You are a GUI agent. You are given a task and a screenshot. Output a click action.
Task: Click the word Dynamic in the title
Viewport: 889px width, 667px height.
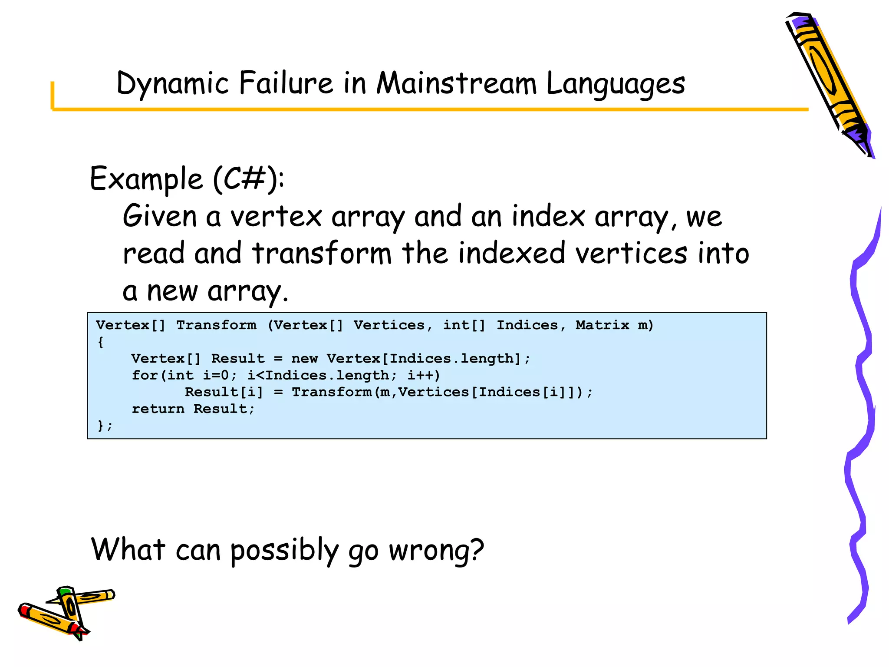[x=172, y=83]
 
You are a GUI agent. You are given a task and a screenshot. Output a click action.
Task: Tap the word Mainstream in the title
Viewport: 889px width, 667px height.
[x=456, y=83]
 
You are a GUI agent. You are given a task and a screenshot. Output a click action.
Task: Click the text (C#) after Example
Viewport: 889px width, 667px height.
[x=245, y=178]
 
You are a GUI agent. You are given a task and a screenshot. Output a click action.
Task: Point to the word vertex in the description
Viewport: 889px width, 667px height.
[x=276, y=216]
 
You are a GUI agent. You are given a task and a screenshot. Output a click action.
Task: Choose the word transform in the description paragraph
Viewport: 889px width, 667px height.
[x=322, y=253]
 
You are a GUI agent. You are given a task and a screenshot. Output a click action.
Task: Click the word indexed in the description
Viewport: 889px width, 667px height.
[x=512, y=253]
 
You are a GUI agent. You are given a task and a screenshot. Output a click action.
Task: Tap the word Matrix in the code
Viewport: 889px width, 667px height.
[x=602, y=325]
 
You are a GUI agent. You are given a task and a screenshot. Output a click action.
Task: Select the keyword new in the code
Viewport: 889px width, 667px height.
[x=304, y=359]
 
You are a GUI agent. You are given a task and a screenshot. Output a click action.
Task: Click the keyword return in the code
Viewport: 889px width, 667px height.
[x=158, y=409]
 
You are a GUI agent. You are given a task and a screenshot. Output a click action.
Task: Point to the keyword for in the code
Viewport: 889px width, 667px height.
[x=145, y=375]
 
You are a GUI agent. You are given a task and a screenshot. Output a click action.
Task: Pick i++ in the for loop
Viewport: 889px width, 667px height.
[x=423, y=375]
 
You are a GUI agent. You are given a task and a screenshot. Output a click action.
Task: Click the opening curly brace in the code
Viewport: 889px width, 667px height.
[x=101, y=342]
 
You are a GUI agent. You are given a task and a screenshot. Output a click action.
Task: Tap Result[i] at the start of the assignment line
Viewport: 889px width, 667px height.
[x=224, y=392]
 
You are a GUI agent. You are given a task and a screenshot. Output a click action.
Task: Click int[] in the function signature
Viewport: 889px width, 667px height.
[x=464, y=325]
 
